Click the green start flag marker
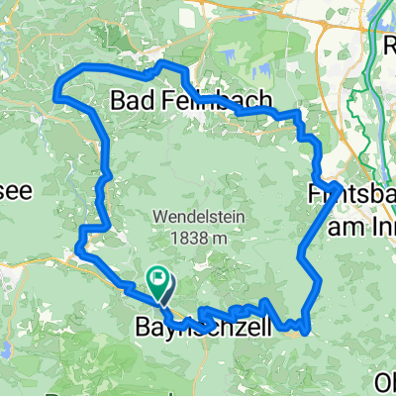tap(157, 281)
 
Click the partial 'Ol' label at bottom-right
tap(385, 380)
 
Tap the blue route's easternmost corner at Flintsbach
tap(340, 186)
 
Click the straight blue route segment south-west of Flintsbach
tap(320, 221)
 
